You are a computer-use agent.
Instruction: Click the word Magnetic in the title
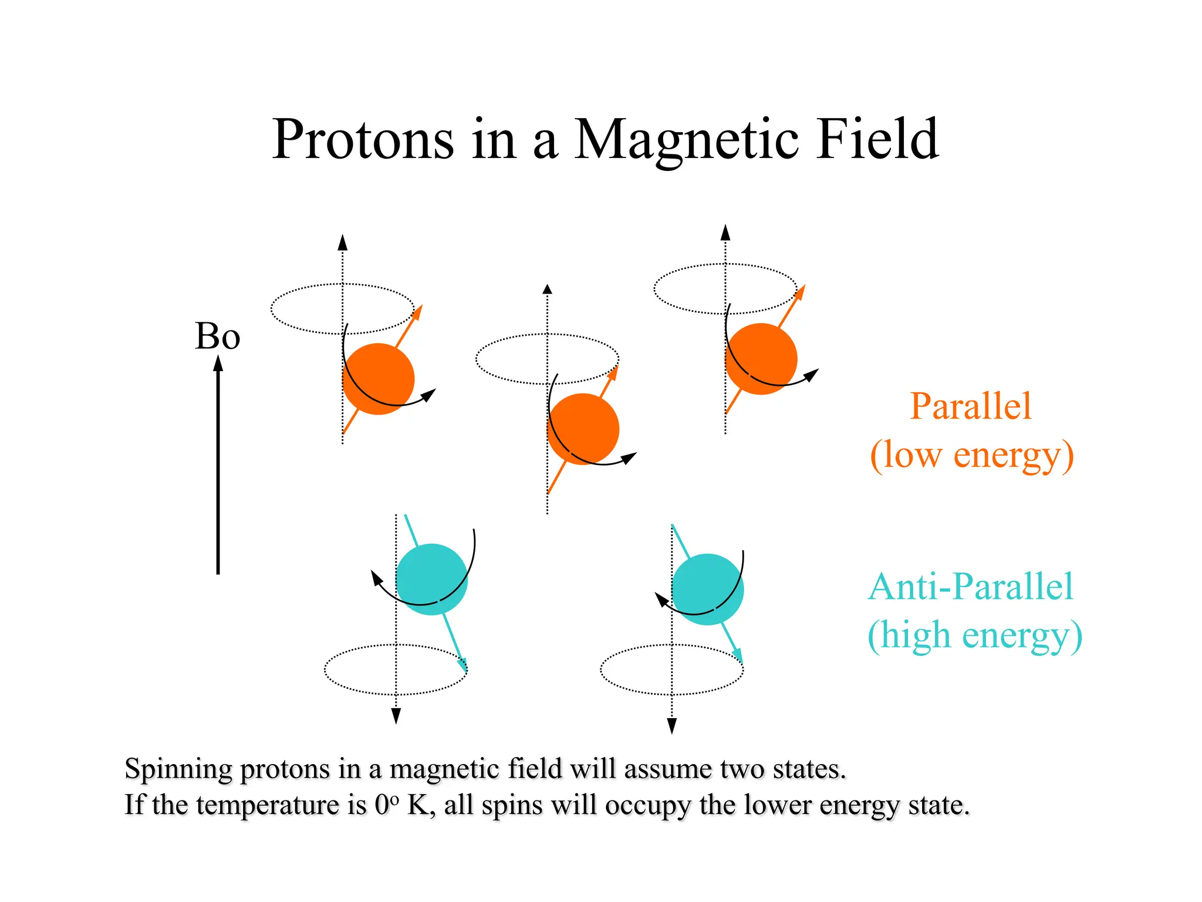[x=686, y=141]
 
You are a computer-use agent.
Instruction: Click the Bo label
[x=217, y=336]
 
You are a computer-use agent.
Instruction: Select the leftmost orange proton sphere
[x=379, y=379]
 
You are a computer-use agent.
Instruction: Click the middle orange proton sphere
[x=583, y=429]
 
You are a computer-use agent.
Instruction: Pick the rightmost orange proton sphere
[x=761, y=359]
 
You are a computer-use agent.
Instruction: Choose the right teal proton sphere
[x=707, y=589]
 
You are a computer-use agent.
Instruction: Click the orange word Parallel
[x=970, y=406]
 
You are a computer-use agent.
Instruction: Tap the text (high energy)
[x=974, y=635]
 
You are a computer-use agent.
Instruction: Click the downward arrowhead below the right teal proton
[x=672, y=726]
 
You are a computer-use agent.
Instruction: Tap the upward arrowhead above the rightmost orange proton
[x=725, y=233]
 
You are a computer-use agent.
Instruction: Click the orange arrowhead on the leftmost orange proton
[x=418, y=311]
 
